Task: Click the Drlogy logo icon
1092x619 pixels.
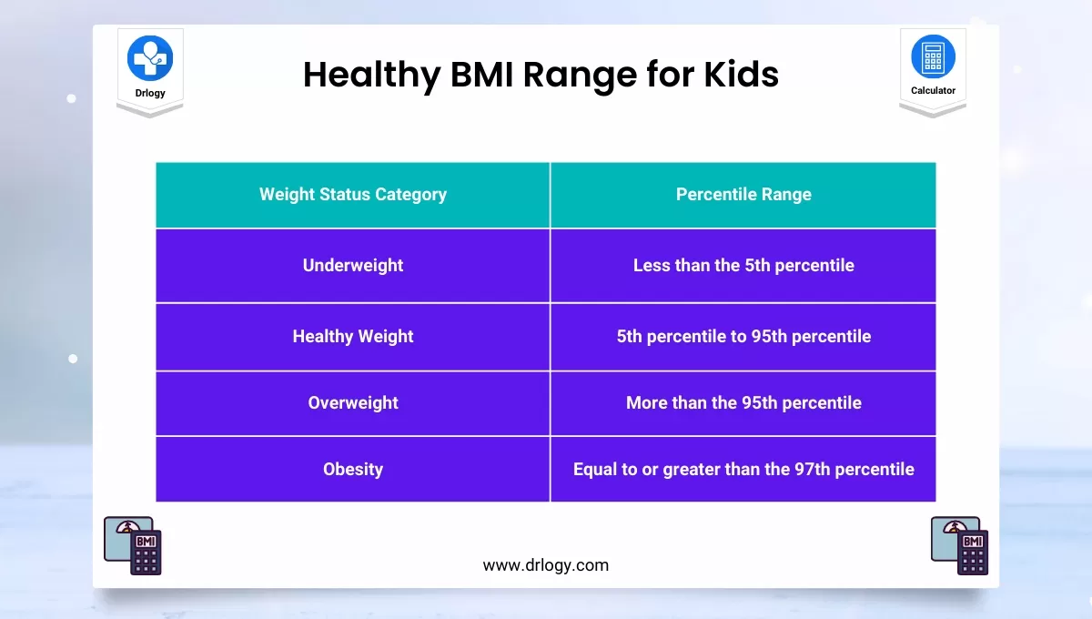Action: click(x=150, y=58)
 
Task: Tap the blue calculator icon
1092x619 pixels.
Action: click(x=933, y=56)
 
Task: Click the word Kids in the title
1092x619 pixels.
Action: click(x=741, y=75)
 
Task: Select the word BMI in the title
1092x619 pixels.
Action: click(x=481, y=75)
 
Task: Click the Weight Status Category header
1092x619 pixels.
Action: click(x=353, y=194)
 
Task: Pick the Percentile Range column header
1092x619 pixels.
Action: click(x=743, y=194)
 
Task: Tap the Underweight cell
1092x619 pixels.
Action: click(x=353, y=266)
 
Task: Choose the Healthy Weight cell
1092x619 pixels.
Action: click(x=353, y=336)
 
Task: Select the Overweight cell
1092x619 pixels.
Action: click(x=353, y=402)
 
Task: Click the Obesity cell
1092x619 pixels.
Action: click(x=353, y=469)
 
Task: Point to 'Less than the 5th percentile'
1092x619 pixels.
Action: click(x=743, y=266)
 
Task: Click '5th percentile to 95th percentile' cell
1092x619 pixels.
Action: click(x=743, y=336)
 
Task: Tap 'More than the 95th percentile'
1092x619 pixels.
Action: click(x=743, y=402)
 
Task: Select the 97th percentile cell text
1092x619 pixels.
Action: click(x=743, y=469)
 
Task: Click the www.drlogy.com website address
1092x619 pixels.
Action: click(x=545, y=565)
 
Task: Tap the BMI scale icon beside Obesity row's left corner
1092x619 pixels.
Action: click(x=133, y=546)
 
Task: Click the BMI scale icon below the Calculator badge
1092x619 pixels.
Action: click(x=959, y=546)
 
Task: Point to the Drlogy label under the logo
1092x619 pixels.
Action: click(x=150, y=93)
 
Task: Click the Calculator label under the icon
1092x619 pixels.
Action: click(x=933, y=90)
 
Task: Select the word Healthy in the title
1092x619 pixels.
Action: click(x=371, y=75)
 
